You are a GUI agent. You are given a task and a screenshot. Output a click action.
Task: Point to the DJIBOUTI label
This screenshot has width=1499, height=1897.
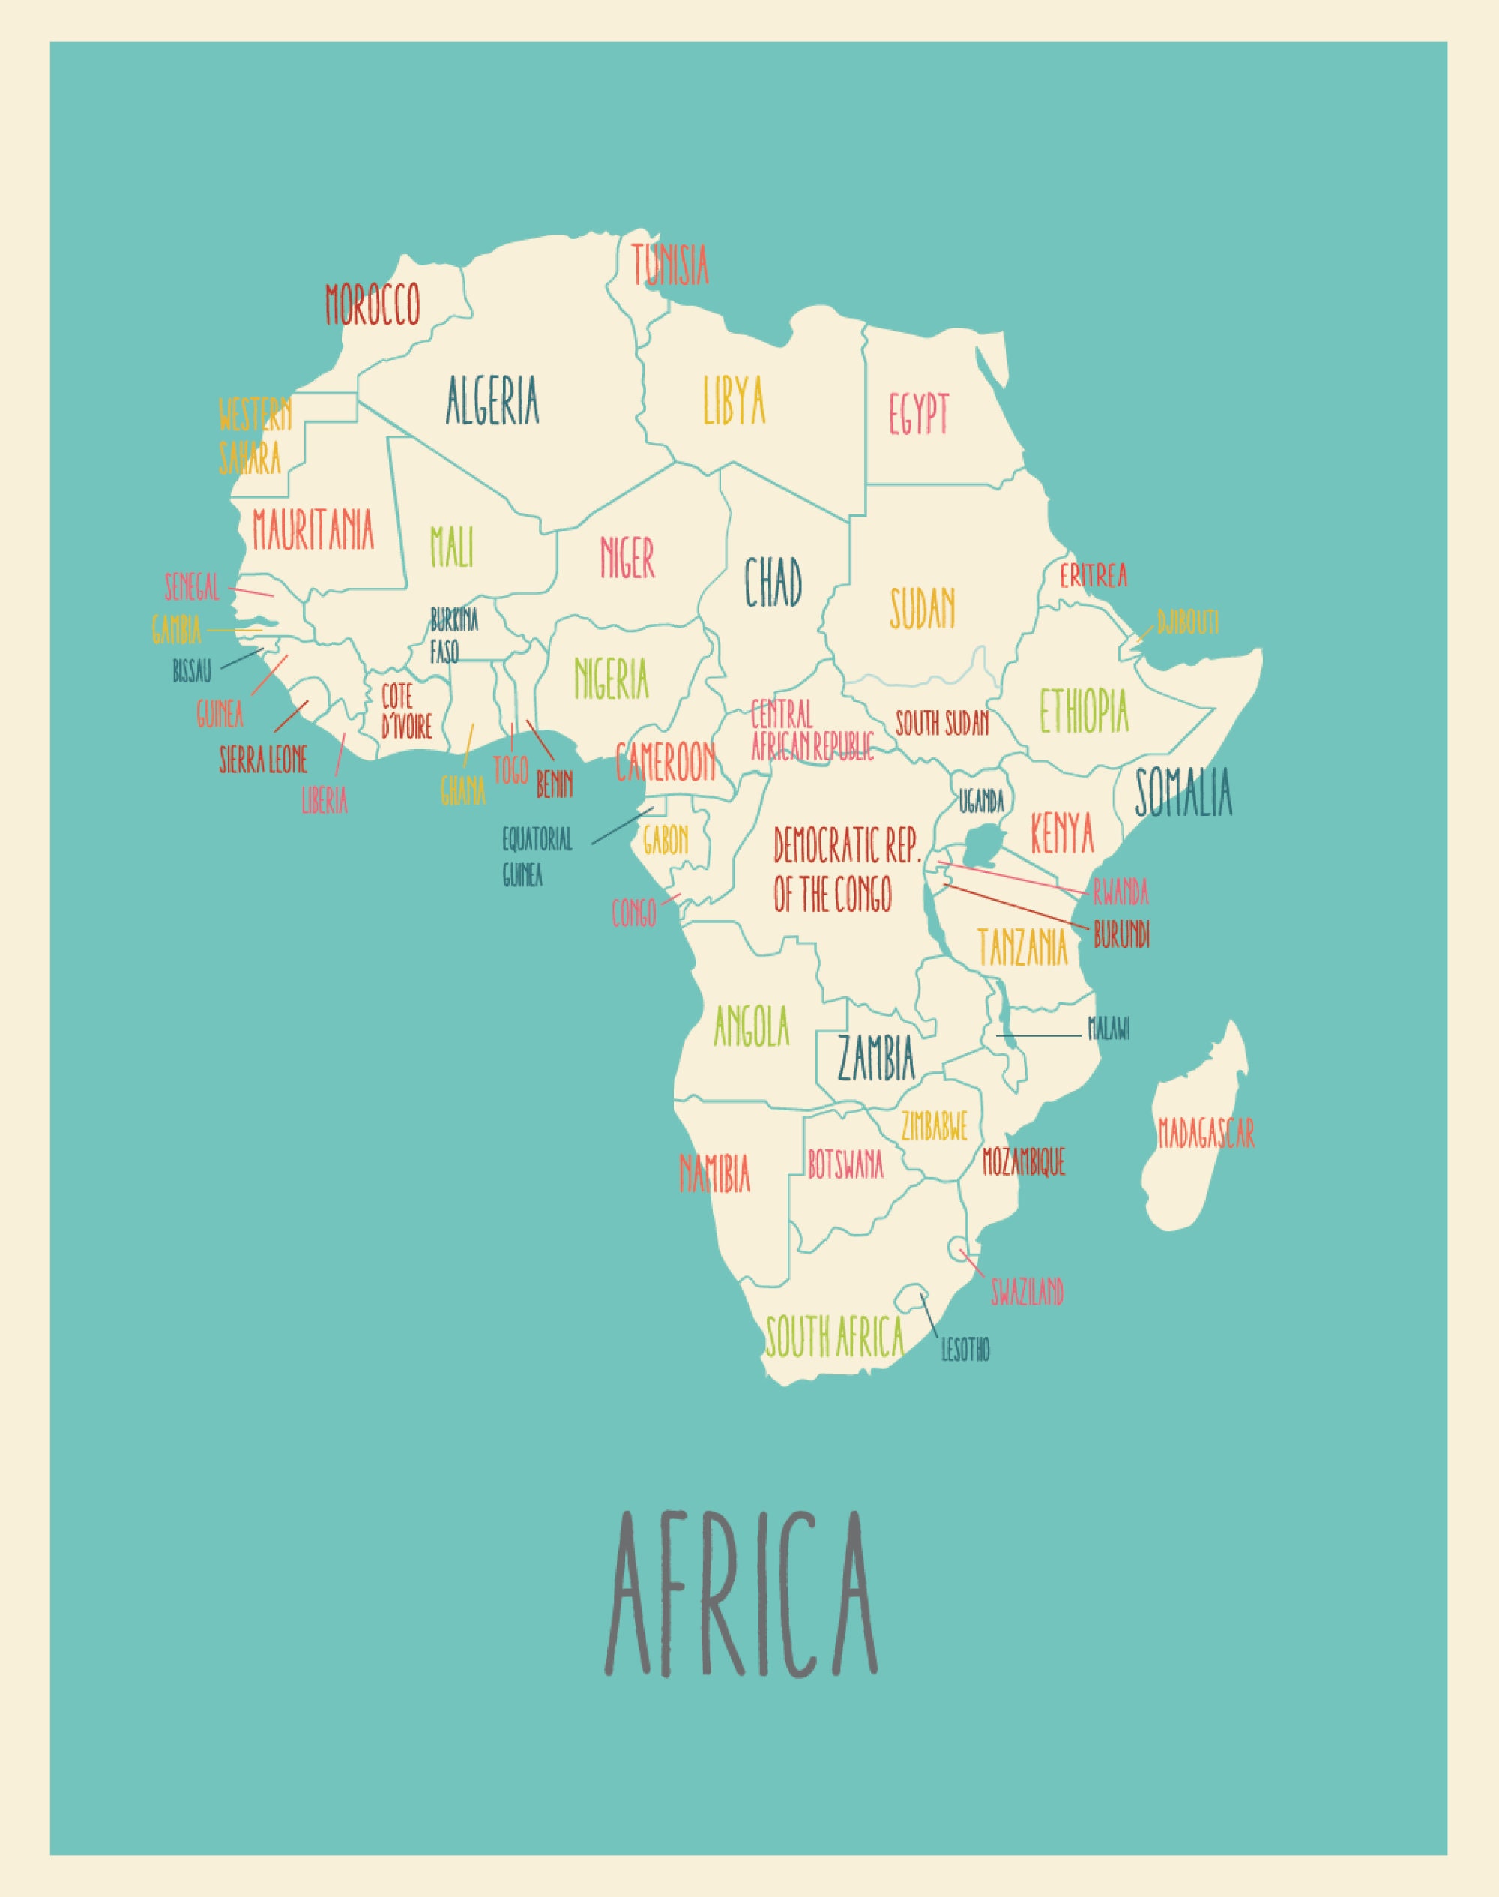1187,622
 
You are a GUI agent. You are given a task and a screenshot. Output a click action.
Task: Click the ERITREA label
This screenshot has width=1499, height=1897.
1093,576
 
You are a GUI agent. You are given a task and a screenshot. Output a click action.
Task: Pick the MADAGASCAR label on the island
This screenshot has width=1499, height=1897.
1206,1132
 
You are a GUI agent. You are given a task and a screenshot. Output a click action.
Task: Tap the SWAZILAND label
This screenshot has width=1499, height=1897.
1027,1291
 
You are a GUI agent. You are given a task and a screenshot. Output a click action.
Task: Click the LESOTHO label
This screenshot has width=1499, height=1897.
965,1350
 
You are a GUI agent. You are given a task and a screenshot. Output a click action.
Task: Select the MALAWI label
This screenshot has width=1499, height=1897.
1109,1029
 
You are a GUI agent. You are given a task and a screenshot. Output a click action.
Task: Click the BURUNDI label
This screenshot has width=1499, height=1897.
1121,935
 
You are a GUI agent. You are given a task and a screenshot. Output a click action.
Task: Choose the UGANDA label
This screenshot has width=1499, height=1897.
980,801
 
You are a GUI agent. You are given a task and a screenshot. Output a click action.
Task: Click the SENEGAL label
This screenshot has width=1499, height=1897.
191,586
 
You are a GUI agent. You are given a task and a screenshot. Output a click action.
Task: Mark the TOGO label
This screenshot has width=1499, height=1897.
510,770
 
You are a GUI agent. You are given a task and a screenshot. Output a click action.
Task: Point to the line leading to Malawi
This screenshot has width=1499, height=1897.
1040,1035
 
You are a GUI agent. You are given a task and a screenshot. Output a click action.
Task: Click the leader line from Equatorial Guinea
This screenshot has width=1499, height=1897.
622,826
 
